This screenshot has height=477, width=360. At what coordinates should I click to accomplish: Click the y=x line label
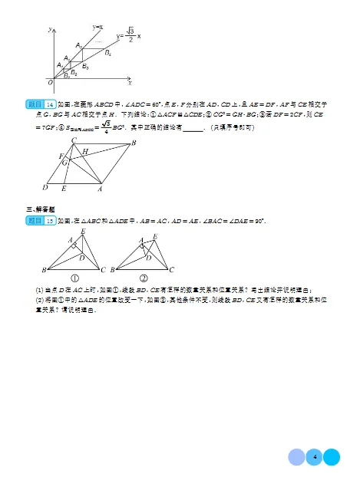coord(98,27)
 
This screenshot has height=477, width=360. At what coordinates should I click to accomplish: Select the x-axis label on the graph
coord(130,82)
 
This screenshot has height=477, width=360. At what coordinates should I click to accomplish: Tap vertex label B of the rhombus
coord(134,143)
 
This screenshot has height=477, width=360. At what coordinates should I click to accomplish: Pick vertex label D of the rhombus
coord(45,186)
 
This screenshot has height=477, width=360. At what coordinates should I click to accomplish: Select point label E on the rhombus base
coord(64,187)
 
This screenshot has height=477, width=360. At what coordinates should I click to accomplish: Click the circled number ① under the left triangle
coord(76,278)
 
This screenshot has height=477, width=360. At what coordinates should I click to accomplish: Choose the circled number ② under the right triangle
coord(144,278)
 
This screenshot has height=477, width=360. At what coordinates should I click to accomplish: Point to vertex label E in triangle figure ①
coord(82,232)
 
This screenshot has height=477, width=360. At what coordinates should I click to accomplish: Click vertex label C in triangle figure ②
coord(172,269)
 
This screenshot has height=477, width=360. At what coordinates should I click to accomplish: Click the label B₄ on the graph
coord(108,53)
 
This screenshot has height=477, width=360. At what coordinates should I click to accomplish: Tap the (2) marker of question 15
coord(40,300)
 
